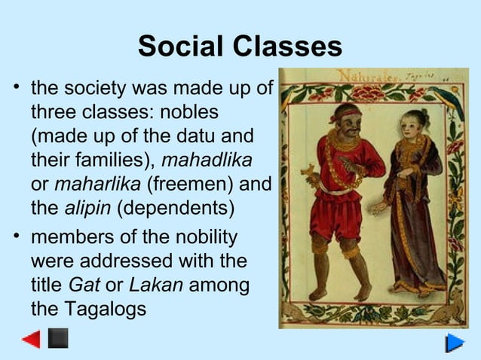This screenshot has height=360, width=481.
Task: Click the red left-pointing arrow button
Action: (31, 339)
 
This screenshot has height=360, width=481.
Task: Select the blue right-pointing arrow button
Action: (455, 343)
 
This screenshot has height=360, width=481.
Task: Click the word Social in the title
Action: (182, 47)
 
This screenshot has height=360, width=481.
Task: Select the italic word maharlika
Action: (98, 183)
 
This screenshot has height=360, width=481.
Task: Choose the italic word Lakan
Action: (156, 285)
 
